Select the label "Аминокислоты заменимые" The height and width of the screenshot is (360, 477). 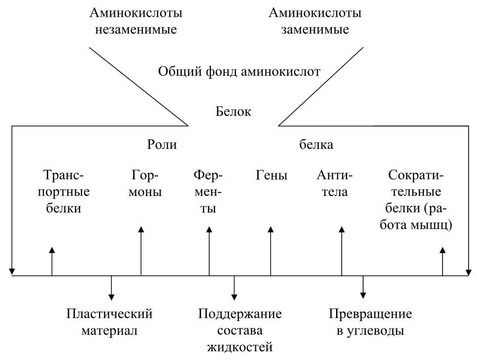click(x=314, y=21)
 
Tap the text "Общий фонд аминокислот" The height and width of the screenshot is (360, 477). click(x=239, y=71)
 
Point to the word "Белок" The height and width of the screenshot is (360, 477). click(x=234, y=111)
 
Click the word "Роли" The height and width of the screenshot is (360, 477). click(x=162, y=145)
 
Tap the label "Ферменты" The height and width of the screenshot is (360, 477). click(x=208, y=191)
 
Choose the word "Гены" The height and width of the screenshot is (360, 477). click(x=272, y=175)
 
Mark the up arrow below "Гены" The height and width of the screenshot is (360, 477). click(x=271, y=251)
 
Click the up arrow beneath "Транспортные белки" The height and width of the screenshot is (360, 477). click(x=52, y=261)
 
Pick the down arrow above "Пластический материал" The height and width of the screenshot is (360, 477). click(x=111, y=288)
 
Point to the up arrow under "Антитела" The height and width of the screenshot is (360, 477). click(x=341, y=251)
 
